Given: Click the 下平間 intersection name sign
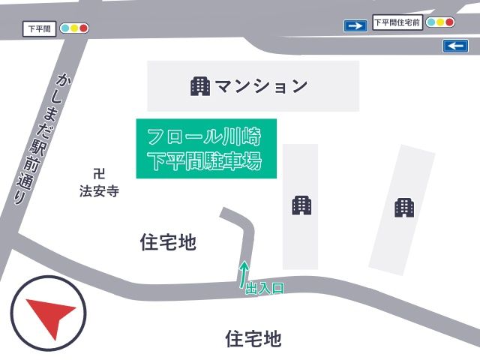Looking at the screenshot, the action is (37, 29).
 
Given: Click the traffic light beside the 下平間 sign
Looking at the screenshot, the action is (74, 28).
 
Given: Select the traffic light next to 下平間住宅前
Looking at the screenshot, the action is (440, 22).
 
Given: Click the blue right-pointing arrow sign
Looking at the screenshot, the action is (355, 26).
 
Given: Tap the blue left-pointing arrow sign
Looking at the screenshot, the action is (456, 46).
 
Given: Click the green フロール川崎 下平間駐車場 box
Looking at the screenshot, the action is (206, 148).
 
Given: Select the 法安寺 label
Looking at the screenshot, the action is (99, 191).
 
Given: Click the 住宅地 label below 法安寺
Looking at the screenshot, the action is (168, 242).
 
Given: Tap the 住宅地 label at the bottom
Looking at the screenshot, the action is (253, 339).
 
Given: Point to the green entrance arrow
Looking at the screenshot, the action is (243, 274).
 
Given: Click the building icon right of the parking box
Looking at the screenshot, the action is (301, 205).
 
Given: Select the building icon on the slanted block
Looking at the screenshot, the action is (404, 207).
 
